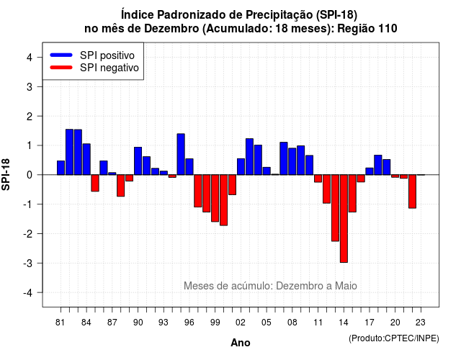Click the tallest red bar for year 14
(344, 219)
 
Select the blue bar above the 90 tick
(138, 161)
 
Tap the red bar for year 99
(215, 198)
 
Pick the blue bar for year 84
(86, 159)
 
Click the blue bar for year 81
(61, 168)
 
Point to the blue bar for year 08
(292, 161)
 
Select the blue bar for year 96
(189, 166)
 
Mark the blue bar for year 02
(241, 166)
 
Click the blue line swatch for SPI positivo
(61, 55)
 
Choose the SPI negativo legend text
(109, 68)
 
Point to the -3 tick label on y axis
(29, 263)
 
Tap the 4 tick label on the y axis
(30, 57)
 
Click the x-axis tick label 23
(421, 323)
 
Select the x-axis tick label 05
(267, 323)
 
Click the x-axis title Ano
(241, 343)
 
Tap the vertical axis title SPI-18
(6, 174)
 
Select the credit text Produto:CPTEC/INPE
(394, 338)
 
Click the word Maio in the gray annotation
(346, 286)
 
